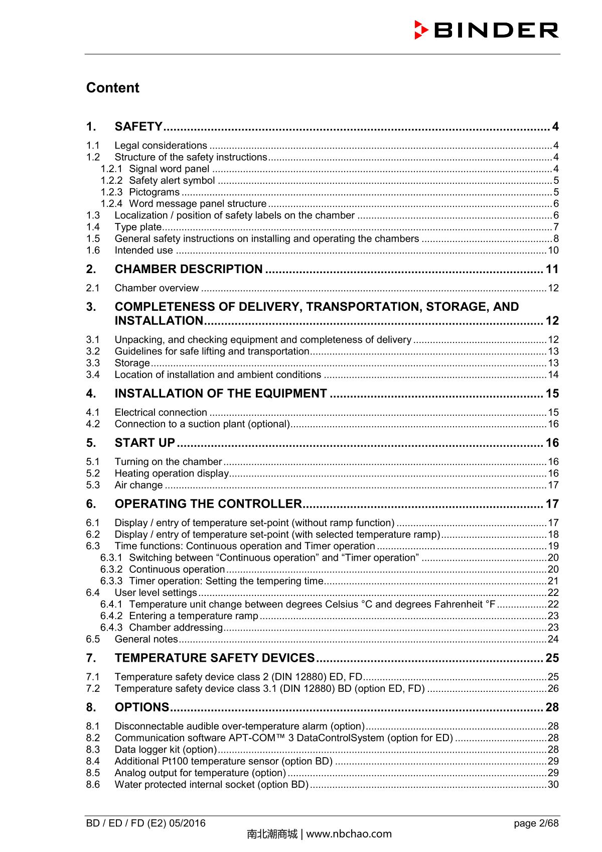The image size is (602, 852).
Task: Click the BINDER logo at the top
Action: coord(486,30)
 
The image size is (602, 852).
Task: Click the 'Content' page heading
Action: coord(112,87)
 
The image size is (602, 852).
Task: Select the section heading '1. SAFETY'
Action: coord(138,127)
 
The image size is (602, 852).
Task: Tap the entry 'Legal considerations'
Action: coord(161,146)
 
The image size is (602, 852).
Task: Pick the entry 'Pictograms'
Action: coord(154,192)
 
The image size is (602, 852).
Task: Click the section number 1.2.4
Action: coord(111,204)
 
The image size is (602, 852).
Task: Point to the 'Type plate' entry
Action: coord(137,227)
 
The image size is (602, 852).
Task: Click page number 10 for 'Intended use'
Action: coord(553,251)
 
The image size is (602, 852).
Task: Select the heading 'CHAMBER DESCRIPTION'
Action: coord(188,269)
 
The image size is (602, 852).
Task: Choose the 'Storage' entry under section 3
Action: coord(132,363)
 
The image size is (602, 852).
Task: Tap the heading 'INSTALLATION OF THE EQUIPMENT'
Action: coord(221,393)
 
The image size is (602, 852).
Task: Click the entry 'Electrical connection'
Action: coord(161,413)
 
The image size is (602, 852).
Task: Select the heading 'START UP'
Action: coord(144,443)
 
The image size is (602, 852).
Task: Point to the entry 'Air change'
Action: coord(138,485)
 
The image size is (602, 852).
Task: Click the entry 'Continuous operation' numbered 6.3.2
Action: coord(177,569)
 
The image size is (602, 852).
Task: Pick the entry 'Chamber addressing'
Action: coord(176,628)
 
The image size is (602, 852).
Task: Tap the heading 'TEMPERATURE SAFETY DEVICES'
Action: coord(214,658)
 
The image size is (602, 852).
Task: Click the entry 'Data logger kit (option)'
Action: coord(166,750)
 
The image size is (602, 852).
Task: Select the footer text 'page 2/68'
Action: coord(536,823)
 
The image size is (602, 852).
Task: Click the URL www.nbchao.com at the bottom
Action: coord(349,834)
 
